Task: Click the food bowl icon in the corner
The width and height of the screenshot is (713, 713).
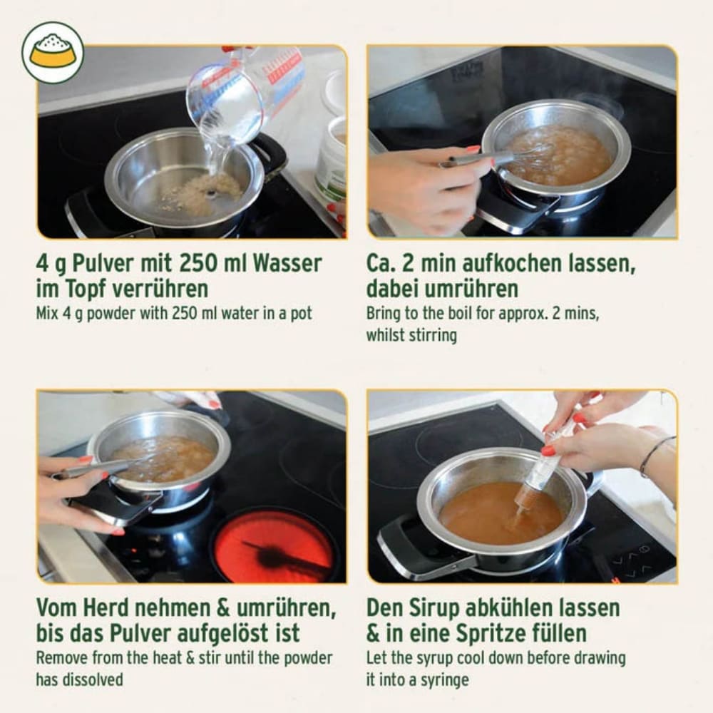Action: click(52, 52)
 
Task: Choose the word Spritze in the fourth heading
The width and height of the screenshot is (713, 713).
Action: click(484, 633)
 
